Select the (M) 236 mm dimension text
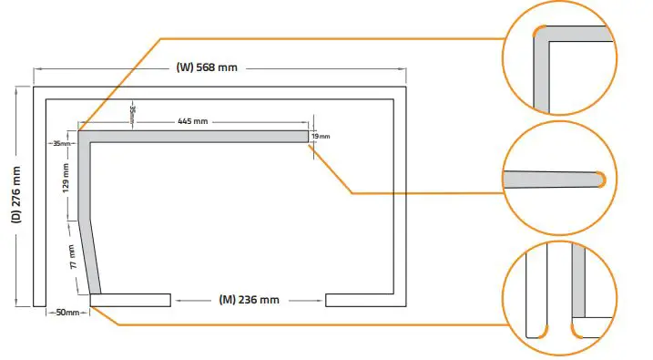249,300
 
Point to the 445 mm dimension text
192,121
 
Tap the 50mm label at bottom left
67,313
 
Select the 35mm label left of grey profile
62,143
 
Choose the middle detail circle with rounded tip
557,178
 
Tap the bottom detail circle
557,298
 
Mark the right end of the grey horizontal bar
304,137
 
